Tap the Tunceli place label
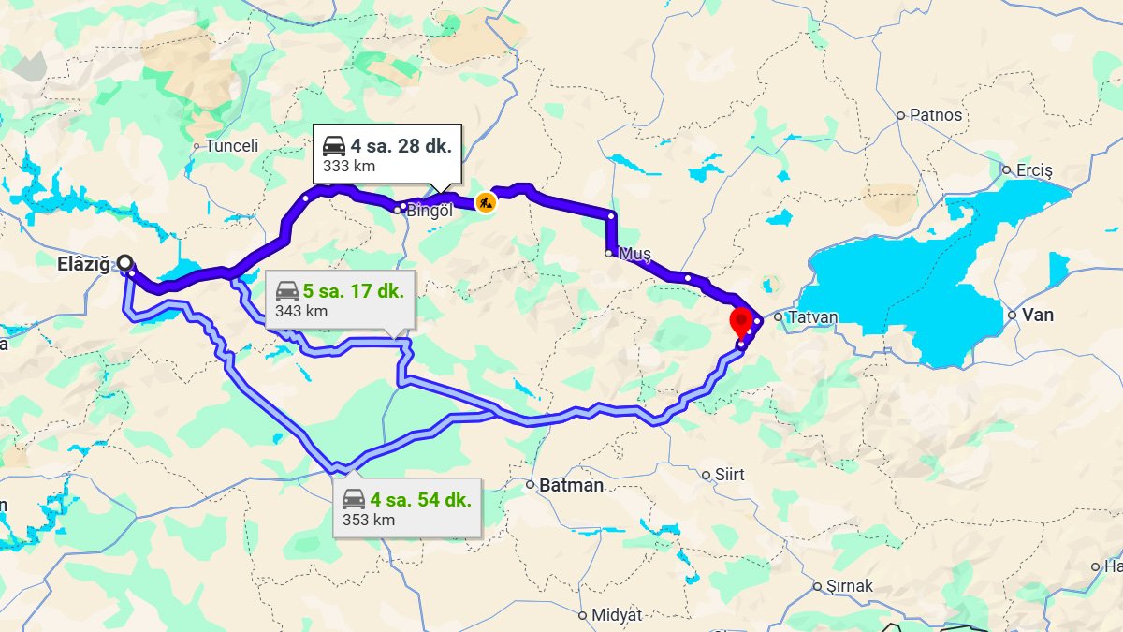coord(231,146)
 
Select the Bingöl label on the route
coord(430,211)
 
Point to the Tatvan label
coord(812,317)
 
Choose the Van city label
coord(1038,315)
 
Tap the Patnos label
coord(936,115)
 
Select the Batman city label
coord(571,485)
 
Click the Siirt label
coord(729,475)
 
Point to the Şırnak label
coord(849,586)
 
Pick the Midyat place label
coord(617,615)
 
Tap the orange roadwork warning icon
coord(485,201)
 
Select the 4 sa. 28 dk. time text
coord(401,146)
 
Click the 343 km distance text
coord(301,311)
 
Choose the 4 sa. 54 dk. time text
coord(420,500)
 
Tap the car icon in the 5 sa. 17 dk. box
coord(286,291)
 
